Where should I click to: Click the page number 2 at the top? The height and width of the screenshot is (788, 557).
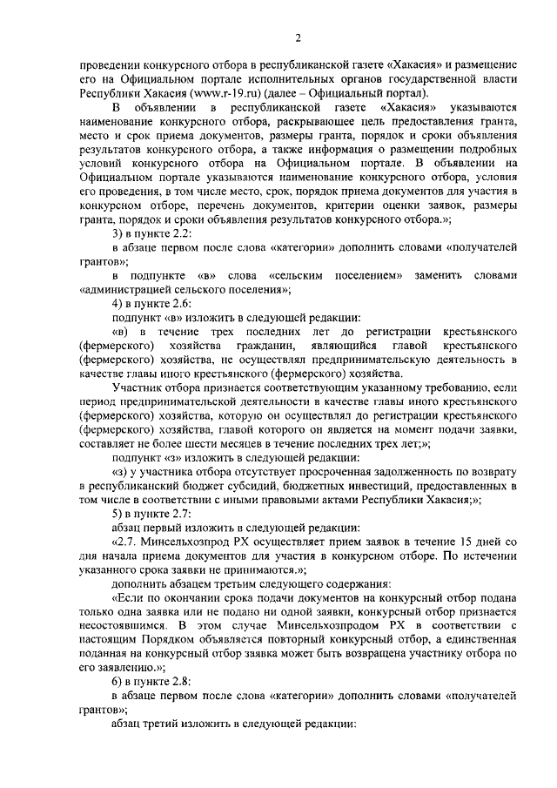[297, 37]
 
